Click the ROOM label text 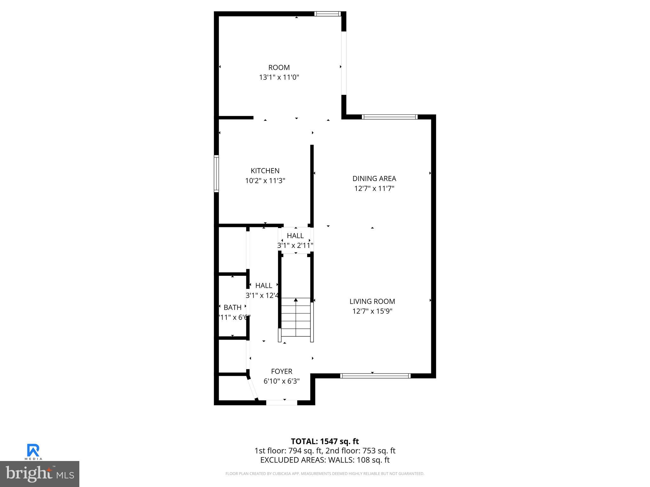coord(279,68)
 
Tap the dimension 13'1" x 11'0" coord(279,77)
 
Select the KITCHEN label coord(265,171)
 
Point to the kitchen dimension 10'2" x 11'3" coord(265,181)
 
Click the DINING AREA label coord(374,179)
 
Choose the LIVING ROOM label coord(372,301)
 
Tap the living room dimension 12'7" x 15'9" coord(372,311)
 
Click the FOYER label coord(282,371)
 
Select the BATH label coord(233,307)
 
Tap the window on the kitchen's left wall coord(216,173)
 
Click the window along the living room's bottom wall coord(375,376)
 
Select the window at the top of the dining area coord(389,117)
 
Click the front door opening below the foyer coord(282,403)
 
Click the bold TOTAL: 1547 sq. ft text coord(325,441)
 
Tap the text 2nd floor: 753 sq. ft coord(360,451)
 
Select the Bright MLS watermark coord(40,474)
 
